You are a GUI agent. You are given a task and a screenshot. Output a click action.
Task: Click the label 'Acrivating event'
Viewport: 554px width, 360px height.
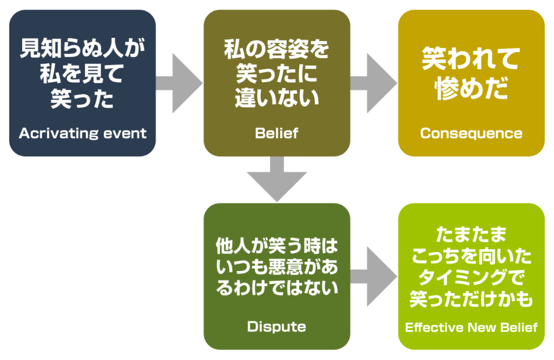[82, 133]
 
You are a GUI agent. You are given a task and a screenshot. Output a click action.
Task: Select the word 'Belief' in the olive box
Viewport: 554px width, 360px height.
[276, 133]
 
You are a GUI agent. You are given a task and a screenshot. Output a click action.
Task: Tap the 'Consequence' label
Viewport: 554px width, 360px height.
[471, 133]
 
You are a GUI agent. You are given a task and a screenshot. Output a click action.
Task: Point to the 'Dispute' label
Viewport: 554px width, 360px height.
[276, 326]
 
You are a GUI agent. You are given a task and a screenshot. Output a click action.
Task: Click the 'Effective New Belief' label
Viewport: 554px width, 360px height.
[471, 327]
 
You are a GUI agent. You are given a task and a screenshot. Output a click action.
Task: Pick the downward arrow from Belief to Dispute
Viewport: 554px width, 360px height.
[276, 179]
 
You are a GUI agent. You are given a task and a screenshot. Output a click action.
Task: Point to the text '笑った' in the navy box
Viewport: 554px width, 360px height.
[82, 98]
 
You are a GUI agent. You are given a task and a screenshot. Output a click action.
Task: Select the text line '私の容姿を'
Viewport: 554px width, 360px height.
[276, 51]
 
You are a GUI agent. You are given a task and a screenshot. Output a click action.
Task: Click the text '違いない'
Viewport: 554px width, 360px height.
[276, 98]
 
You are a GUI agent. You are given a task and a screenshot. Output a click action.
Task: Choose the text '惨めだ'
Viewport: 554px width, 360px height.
[471, 88]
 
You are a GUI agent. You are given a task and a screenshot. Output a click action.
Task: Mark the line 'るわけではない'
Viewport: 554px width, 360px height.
[276, 288]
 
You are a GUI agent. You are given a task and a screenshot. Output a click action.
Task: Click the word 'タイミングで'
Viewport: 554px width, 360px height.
[471, 278]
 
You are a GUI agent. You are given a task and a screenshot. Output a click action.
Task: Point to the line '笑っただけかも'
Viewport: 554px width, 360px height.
[471, 299]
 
